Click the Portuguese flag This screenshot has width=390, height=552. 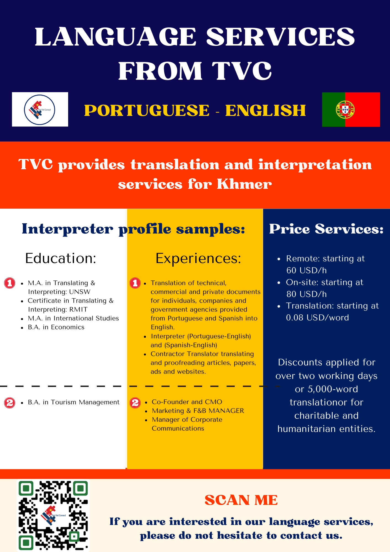click(351, 110)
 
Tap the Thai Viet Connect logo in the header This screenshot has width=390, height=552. click(40, 109)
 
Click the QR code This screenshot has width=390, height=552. click(53, 515)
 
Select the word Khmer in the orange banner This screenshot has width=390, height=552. click(244, 184)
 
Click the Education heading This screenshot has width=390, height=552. click(61, 258)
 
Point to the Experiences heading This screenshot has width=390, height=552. click(198, 259)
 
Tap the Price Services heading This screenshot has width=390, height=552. click(326, 229)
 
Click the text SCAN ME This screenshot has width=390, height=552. click(241, 500)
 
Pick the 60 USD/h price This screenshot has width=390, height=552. click(306, 270)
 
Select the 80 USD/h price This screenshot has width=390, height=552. click(306, 294)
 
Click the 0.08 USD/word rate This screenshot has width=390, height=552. click(317, 318)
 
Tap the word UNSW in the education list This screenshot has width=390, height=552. click(80, 292)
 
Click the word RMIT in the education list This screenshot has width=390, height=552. click(79, 309)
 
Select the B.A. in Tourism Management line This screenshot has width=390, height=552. click(74, 402)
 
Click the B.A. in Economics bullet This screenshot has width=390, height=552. click(56, 327)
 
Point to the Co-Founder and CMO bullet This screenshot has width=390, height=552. click(187, 402)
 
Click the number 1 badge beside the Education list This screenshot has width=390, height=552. click(10, 283)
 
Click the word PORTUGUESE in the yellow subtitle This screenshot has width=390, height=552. click(147, 110)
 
